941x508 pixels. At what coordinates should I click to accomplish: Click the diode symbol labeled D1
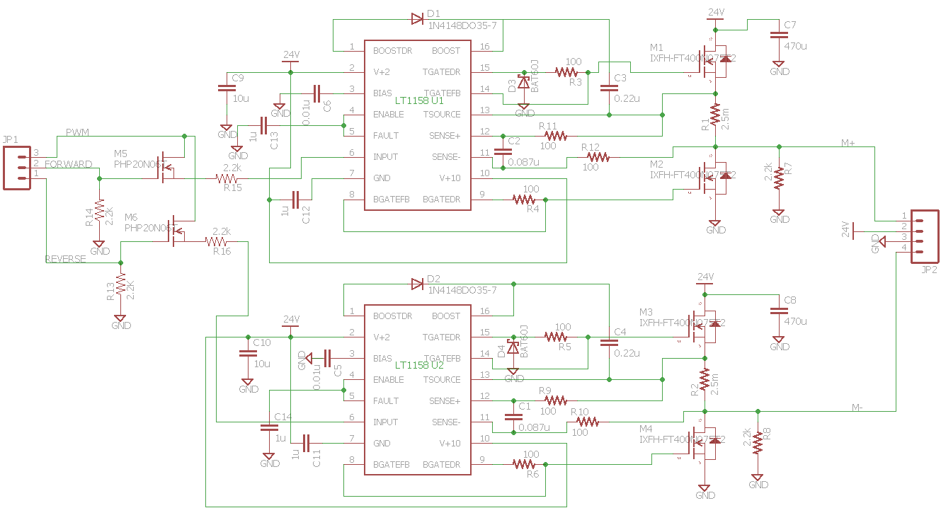(417, 18)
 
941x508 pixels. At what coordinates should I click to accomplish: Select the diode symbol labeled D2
(417, 284)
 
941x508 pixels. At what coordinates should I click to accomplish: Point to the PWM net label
(77, 132)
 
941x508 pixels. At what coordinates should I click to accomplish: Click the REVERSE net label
(66, 259)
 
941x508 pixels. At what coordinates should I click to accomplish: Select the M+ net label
(848, 143)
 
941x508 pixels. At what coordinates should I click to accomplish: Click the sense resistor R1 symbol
(715, 115)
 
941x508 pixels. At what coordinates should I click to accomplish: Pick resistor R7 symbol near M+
(779, 177)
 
